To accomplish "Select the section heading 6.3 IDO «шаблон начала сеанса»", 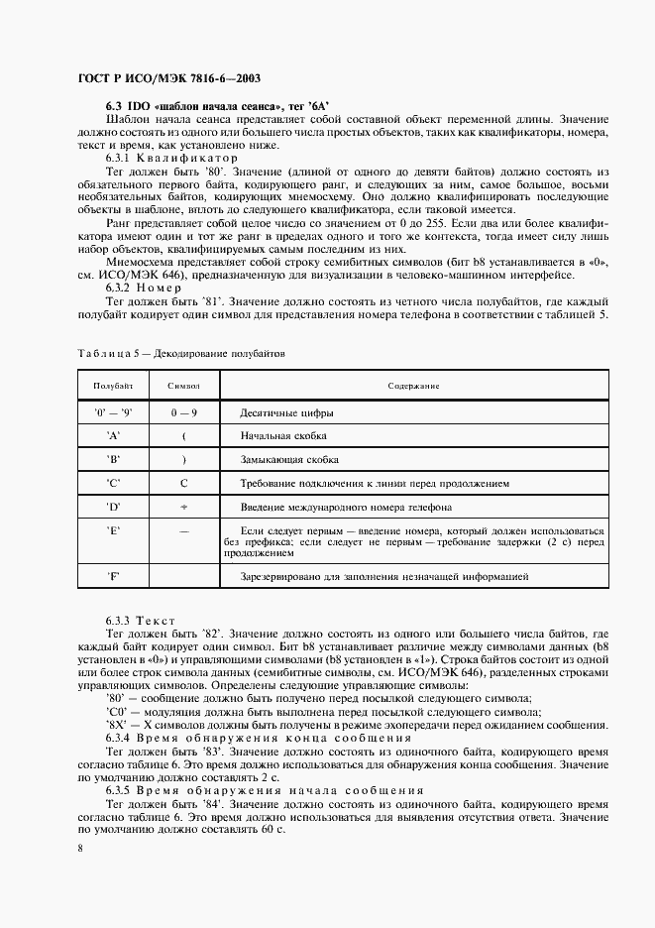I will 217,105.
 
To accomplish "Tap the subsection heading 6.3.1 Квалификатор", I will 172,158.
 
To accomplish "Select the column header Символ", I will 184,386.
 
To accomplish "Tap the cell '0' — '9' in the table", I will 113,411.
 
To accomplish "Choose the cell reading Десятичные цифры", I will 287,411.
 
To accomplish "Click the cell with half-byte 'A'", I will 113,435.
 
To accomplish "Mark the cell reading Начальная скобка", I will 283,435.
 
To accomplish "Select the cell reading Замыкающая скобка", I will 289,460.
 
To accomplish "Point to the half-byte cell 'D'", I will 113,507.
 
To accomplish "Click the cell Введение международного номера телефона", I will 346,507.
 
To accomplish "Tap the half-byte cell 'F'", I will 113,576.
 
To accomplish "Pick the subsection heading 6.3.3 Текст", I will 140,620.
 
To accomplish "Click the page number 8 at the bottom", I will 79,848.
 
